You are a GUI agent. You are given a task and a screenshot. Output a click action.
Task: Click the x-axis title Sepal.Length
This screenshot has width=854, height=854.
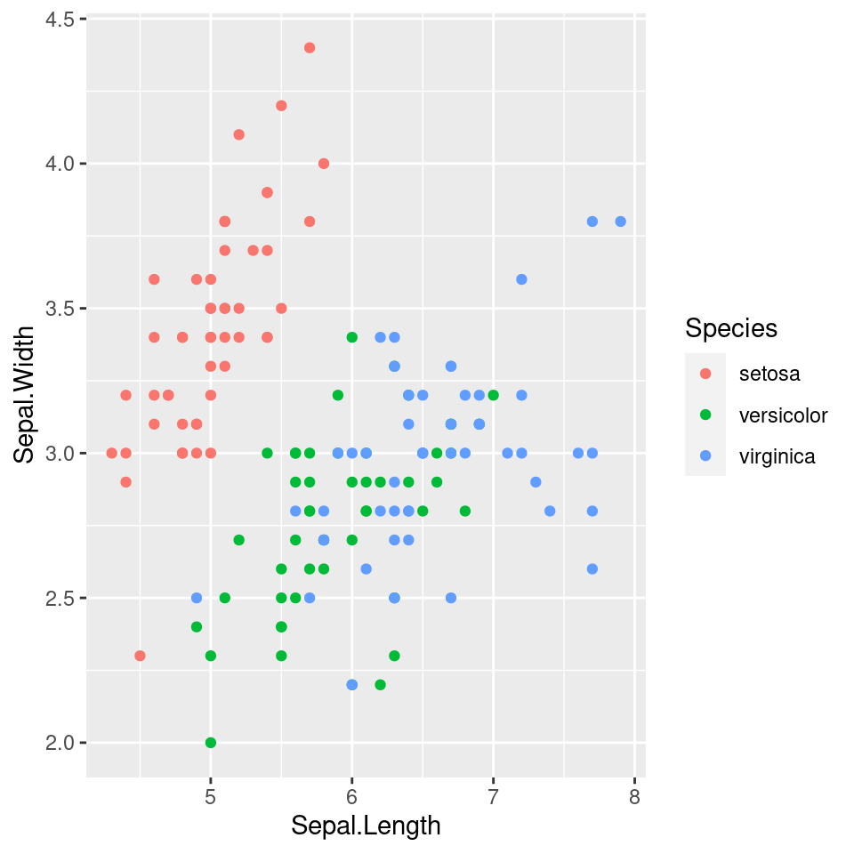coord(366,826)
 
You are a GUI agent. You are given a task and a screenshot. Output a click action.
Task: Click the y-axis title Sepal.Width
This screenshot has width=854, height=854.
coord(26,394)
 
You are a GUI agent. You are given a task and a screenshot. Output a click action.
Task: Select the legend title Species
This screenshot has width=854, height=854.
coord(731,328)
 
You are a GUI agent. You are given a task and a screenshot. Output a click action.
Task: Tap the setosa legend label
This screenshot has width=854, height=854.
coord(769,374)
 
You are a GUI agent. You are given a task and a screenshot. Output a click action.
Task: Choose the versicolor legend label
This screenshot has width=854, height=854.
coord(783,415)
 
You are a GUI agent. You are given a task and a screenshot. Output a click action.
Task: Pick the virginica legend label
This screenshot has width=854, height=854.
coord(777,457)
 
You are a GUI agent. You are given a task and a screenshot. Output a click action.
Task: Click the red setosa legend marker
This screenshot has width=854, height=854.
coord(705,374)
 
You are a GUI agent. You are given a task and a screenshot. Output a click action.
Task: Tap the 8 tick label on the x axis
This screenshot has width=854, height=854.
coord(634,794)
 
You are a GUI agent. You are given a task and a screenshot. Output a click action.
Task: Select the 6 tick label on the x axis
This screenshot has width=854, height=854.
coord(352,794)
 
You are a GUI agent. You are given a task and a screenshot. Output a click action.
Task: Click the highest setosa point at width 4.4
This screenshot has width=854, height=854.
coord(310,48)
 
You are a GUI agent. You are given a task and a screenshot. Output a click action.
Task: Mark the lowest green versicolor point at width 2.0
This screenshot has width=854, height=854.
coord(211,742)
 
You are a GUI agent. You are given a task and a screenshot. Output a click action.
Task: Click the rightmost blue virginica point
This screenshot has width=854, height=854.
coord(620,222)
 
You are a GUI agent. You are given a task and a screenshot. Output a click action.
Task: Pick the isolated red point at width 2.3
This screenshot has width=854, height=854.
coord(140,656)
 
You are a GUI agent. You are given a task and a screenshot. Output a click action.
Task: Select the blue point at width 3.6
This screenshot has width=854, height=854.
coord(521,279)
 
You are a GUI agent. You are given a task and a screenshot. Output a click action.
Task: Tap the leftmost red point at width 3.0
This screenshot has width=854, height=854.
coord(111,453)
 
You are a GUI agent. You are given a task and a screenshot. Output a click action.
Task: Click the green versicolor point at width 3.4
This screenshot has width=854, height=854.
coord(352,337)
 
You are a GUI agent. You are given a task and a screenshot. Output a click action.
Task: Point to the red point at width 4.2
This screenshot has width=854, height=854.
coord(281,106)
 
